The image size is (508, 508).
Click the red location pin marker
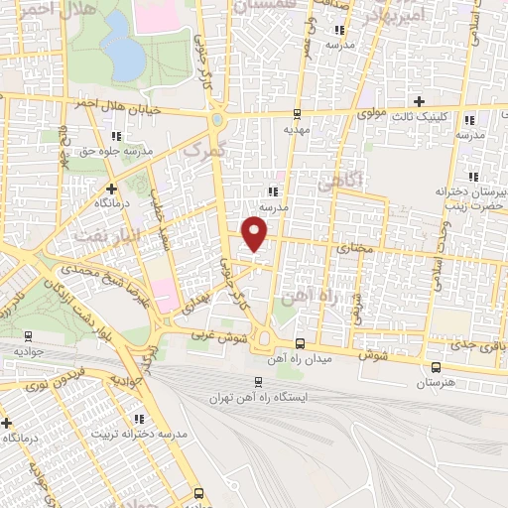257,234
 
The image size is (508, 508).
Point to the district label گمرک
206,149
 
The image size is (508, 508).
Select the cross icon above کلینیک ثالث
420,101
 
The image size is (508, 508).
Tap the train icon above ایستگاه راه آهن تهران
258,381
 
